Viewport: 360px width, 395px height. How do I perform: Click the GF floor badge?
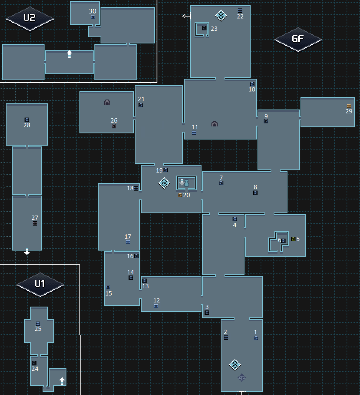298,39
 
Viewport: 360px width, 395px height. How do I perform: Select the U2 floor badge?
30,18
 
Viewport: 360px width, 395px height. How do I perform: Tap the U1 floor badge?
40,284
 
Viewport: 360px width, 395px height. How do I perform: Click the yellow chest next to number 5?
293,239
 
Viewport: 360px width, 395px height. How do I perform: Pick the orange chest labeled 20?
180,195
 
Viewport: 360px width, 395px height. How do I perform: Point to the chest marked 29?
349,106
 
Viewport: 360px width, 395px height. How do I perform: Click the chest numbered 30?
93,17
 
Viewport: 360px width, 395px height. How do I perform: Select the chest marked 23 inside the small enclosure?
204,28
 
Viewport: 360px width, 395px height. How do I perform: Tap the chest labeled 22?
240,11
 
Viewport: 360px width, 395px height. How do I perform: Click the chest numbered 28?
26,119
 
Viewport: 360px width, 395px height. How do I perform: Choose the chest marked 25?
38,324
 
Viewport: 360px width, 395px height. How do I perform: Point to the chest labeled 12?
156,306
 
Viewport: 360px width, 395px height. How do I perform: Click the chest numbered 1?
256,338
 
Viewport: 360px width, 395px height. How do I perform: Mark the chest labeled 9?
266,121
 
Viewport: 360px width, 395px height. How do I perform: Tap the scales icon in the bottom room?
241,377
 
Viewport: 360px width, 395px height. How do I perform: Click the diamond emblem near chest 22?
221,15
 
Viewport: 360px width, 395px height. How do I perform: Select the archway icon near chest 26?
107,102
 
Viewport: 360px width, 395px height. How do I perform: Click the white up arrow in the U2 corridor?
69,54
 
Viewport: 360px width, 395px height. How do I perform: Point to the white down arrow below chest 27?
27,252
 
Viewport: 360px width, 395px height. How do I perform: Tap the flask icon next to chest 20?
187,184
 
